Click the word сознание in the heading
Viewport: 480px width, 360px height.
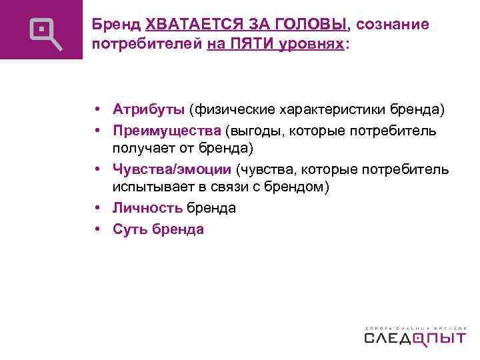392,25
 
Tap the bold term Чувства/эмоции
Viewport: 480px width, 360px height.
171,169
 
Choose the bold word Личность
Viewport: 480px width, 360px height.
147,208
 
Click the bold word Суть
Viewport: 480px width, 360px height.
129,229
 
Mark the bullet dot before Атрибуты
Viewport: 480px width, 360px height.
97,109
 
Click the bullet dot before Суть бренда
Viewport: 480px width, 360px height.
97,229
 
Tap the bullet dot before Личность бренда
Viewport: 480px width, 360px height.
97,209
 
